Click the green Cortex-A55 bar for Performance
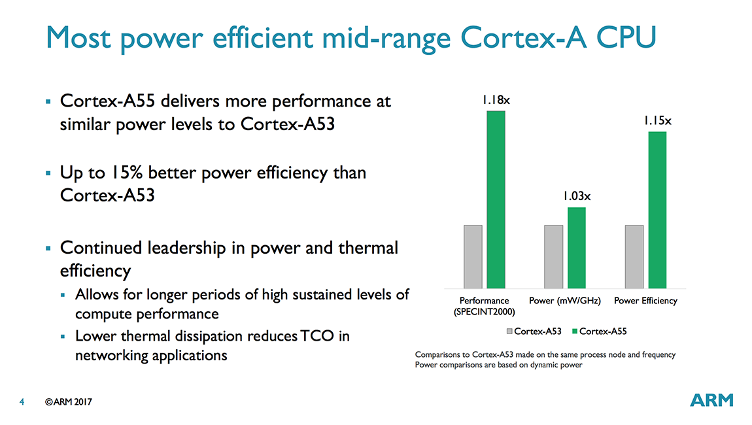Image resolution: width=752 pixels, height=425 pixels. coord(496,199)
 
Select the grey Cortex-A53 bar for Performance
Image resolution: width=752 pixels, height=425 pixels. coord(473,256)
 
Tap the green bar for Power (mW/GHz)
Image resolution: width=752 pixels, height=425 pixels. coord(577,248)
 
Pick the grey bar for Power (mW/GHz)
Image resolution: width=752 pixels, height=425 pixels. coord(553,256)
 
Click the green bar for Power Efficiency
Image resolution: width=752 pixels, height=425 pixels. coord(657,210)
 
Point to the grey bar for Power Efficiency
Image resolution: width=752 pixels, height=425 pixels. coord(634,256)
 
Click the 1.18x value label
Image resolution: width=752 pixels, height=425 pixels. coord(496,100)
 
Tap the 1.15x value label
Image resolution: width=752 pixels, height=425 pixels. coord(657,121)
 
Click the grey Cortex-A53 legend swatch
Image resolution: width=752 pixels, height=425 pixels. coord(510,331)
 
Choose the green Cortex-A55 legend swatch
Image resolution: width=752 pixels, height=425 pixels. coord(575,331)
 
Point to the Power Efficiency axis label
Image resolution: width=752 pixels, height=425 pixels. coord(645,301)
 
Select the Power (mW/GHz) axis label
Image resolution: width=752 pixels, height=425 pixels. coord(564,301)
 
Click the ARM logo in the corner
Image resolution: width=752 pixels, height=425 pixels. coord(711,400)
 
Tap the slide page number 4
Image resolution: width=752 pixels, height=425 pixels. coord(22,402)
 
